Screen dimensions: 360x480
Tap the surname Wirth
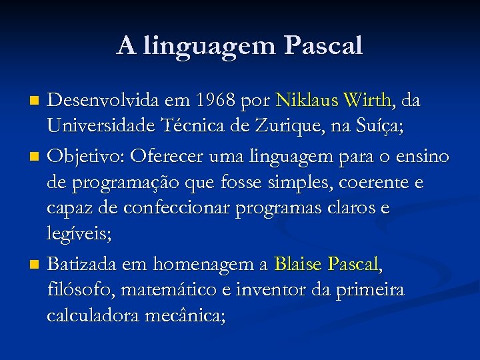[368, 101]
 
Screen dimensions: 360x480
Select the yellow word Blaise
[298, 265]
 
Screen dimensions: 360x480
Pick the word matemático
[168, 291]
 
